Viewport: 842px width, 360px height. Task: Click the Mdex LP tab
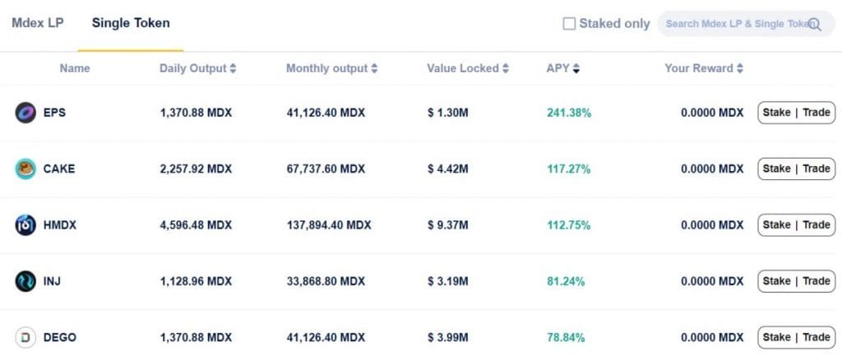pos(37,23)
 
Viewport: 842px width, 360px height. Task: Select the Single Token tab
pos(131,23)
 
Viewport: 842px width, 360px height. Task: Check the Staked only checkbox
pos(569,24)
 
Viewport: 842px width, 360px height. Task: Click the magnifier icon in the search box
pos(814,25)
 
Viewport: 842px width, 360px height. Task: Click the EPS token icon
pos(25,113)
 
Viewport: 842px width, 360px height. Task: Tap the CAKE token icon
pos(25,168)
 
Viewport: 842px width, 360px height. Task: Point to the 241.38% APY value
pos(569,113)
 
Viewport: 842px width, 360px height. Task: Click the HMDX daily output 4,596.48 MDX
pos(196,225)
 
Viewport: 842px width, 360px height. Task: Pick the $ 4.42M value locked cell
pos(447,169)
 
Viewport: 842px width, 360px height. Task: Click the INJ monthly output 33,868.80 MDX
pos(326,281)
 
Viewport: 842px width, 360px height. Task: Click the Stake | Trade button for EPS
pos(796,113)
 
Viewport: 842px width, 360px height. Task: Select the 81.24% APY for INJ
pos(566,281)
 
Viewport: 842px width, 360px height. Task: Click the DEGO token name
pos(60,337)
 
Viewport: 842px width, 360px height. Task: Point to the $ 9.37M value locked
pos(447,225)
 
